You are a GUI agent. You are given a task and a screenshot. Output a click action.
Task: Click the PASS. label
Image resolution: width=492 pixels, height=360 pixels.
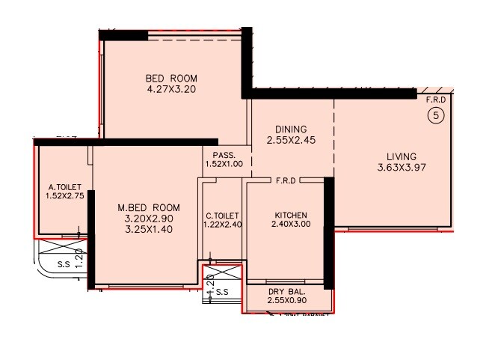click(224, 155)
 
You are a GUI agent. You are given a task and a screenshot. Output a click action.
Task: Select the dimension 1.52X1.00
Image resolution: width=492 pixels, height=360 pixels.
click(224, 165)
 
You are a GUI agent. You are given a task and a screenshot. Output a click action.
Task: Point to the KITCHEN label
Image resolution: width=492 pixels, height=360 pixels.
click(291, 216)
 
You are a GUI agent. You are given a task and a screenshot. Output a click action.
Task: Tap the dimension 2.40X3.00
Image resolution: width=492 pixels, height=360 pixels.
click(291, 225)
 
